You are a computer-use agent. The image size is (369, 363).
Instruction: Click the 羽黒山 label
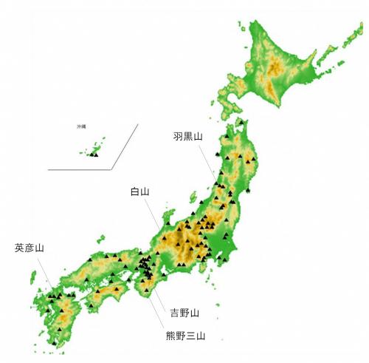[x=187, y=136]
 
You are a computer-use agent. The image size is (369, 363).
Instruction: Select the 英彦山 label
[x=29, y=248]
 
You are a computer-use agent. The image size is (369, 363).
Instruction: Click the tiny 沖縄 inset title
[x=81, y=127]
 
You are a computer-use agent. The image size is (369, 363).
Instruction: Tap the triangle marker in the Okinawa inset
[x=94, y=155]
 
